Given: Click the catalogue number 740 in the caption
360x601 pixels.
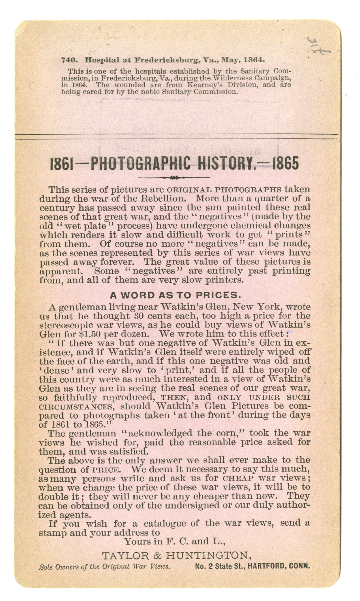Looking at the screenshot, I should pyautogui.click(x=67, y=60).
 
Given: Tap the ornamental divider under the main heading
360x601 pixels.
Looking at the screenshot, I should pyautogui.click(x=173, y=178).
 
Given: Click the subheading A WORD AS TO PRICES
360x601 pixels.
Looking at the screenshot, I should pyautogui.click(x=175, y=295).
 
